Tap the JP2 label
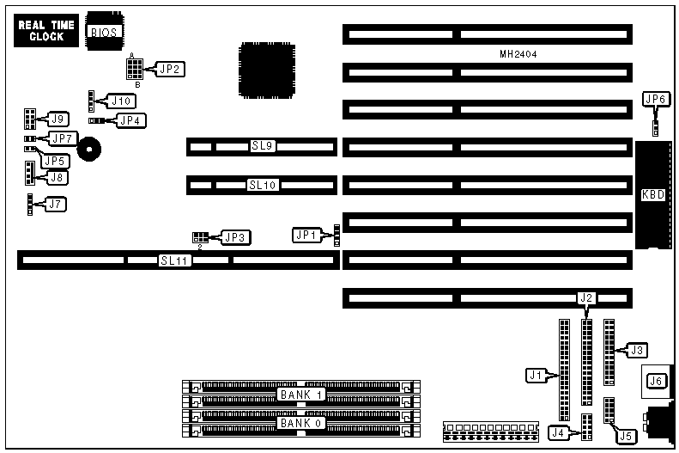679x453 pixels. (168, 69)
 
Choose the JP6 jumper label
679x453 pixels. (656, 100)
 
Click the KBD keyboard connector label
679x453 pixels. (653, 194)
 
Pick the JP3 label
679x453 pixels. (235, 237)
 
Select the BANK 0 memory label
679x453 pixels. (298, 423)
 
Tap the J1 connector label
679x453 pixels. (537, 375)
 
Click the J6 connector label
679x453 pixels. (656, 381)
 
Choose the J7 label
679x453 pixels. (55, 205)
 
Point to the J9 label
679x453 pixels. (58, 118)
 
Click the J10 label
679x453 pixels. (120, 101)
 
